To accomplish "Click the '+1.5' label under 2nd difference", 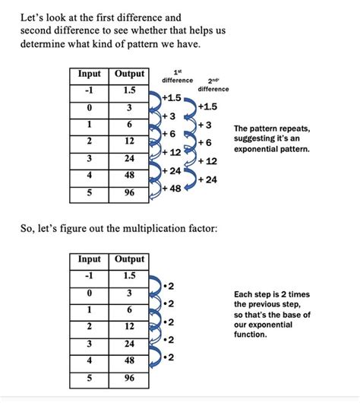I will coord(207,106).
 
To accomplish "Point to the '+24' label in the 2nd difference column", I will coord(207,179).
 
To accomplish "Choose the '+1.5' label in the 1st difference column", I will coord(172,98).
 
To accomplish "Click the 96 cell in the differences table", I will coord(129,193).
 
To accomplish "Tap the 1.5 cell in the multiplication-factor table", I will coord(129,275).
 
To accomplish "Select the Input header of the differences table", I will coord(93,75).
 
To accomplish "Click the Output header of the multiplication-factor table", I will coord(129,259).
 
